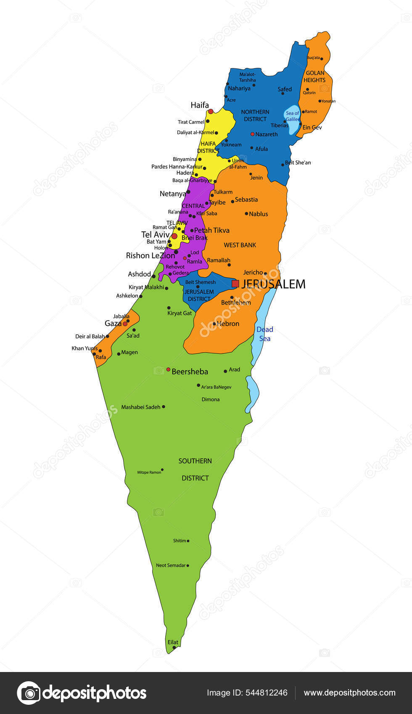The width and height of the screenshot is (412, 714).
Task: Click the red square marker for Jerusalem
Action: [235, 284]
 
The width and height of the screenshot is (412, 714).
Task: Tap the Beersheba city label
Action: [190, 372]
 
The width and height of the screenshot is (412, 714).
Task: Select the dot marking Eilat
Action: [174, 648]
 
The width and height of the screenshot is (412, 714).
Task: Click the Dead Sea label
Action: [265, 334]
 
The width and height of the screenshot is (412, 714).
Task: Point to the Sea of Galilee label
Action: [293, 116]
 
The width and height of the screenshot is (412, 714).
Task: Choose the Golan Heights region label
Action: [314, 76]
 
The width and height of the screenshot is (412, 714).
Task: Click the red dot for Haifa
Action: [211, 111]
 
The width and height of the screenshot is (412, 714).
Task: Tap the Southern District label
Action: [195, 470]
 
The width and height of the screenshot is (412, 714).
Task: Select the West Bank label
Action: [240, 245]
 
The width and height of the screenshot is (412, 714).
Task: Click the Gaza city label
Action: [113, 323]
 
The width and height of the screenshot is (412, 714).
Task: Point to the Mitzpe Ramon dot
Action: [162, 470]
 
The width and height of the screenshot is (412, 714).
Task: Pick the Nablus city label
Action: [258, 214]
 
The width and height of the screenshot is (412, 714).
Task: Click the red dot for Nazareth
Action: [252, 134]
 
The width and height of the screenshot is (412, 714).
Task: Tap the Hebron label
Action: [228, 323]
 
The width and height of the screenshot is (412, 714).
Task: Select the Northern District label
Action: [255, 115]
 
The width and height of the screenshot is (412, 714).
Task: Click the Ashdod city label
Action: [139, 274]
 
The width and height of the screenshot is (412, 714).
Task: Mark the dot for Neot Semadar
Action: [188, 565]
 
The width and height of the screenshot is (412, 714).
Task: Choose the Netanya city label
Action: [173, 194]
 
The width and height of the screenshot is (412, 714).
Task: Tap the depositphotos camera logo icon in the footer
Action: [29, 693]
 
